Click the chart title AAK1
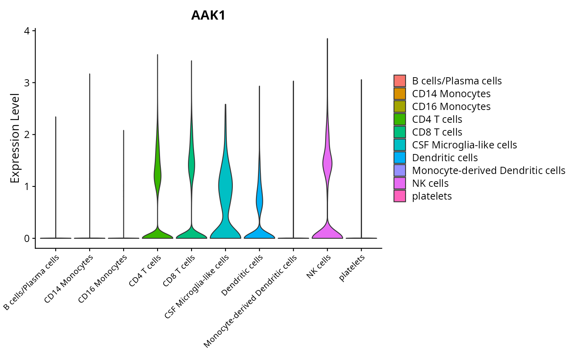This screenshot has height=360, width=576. click(x=208, y=16)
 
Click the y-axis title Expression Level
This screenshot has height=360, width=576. click(x=15, y=138)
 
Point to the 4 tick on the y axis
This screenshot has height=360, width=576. click(x=27, y=31)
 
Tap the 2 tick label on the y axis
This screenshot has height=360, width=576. click(x=27, y=135)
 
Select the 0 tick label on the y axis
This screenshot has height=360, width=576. click(x=27, y=238)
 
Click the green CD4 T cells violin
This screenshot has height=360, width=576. click(x=157, y=176)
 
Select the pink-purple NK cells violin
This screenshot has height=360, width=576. click(x=327, y=164)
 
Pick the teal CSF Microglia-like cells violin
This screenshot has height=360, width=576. click(x=225, y=188)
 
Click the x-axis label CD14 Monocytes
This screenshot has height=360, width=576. click(x=69, y=279)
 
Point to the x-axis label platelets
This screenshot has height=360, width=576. click(x=352, y=268)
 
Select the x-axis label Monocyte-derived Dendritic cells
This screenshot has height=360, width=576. click(x=250, y=301)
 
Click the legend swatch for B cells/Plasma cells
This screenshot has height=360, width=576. click(x=400, y=81)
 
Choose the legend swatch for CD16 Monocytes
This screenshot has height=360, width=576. click(x=400, y=106)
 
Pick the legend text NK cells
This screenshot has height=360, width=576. click(x=430, y=183)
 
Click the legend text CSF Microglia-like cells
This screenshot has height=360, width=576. click(x=464, y=145)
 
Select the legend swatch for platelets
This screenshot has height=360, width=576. click(x=400, y=196)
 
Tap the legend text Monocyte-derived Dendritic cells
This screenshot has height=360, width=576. click(x=488, y=170)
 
